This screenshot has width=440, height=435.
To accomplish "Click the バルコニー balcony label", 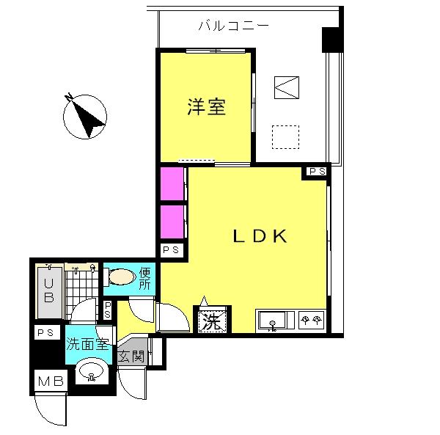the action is coord(233,26).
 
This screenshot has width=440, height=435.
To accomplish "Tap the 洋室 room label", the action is coord(206,107).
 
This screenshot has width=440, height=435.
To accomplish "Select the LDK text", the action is coord(260,236).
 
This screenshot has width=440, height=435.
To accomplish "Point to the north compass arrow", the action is coord(85,116).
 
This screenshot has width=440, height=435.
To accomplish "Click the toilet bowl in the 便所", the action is coord(122,277).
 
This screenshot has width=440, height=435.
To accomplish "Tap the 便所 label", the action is coord(144,279).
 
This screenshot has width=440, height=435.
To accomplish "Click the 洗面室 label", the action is coord(87,343).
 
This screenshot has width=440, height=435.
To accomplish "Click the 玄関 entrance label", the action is coord(131,357).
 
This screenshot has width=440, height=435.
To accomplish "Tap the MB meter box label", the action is coord(51,381).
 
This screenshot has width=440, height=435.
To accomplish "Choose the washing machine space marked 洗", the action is coord(212,321).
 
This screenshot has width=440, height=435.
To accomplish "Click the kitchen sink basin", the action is coord(272,320).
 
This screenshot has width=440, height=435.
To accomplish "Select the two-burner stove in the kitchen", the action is coord(311,320).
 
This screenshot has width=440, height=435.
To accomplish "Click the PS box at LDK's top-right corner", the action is coord(317,171).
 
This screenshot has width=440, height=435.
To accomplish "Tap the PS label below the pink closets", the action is coord(171,249).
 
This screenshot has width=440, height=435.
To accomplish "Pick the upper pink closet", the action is coord(172,183).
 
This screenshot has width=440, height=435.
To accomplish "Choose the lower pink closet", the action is coord(172,222).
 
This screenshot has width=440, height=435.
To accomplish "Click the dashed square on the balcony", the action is coord(285,137).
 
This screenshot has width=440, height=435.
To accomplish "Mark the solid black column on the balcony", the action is coord(332,40).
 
